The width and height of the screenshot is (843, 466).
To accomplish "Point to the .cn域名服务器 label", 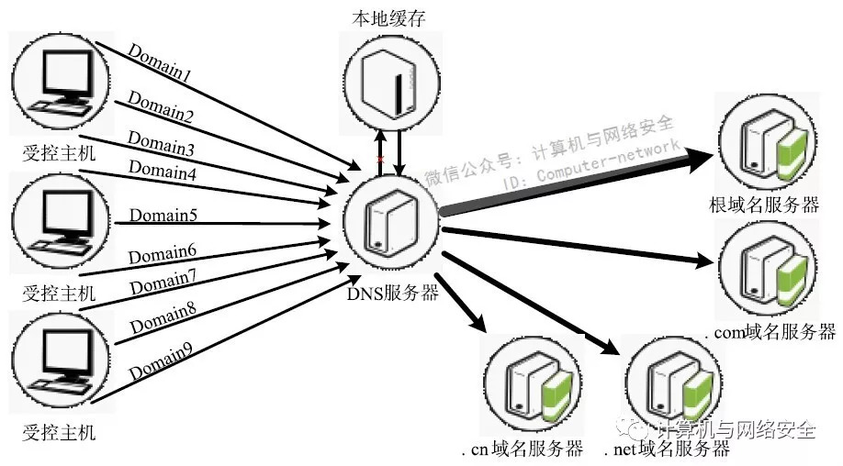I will point(523,449).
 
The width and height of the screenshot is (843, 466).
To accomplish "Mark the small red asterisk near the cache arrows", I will point(380,161).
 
